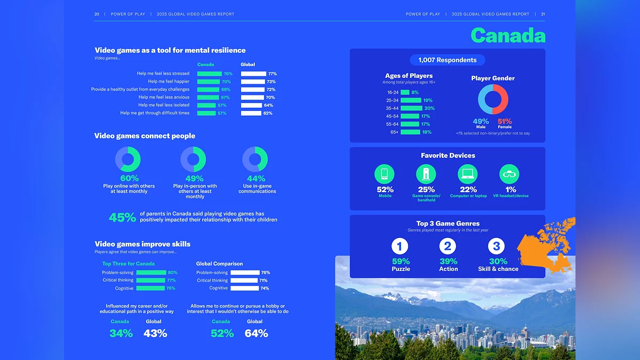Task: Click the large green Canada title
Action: coord(508,36)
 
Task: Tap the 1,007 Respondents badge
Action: coord(447,60)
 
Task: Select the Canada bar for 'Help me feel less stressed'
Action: coord(209,74)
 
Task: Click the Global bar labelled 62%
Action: coord(251,113)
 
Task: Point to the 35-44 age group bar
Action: coord(411,108)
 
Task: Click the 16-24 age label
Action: coord(393,92)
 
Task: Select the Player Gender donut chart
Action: coord(493,100)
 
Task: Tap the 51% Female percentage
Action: coord(505,122)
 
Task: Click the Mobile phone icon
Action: coord(385,174)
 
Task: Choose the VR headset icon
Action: coord(509,174)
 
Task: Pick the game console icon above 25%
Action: coord(426,174)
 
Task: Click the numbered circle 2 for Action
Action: coord(448,246)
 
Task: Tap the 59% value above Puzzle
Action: coord(401,261)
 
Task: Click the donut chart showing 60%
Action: coord(128,159)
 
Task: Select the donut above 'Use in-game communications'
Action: coord(255,159)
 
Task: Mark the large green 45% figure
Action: coord(122,218)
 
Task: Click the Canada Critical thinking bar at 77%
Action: coord(150,281)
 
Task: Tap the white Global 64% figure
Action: coord(256,333)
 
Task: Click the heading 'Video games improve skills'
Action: coord(142,244)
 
